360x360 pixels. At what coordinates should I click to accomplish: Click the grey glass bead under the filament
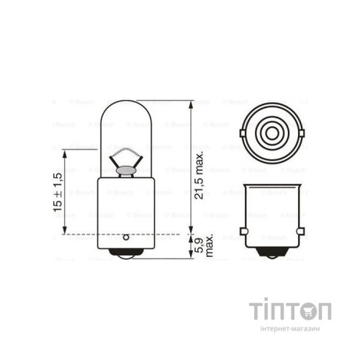pos(125,170)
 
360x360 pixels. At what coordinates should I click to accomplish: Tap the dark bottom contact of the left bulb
pos(125,253)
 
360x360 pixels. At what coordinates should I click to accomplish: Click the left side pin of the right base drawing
pos(243,230)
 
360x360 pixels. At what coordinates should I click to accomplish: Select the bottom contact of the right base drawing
pos(272,254)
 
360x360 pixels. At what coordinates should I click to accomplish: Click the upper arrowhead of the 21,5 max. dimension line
pos(190,104)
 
